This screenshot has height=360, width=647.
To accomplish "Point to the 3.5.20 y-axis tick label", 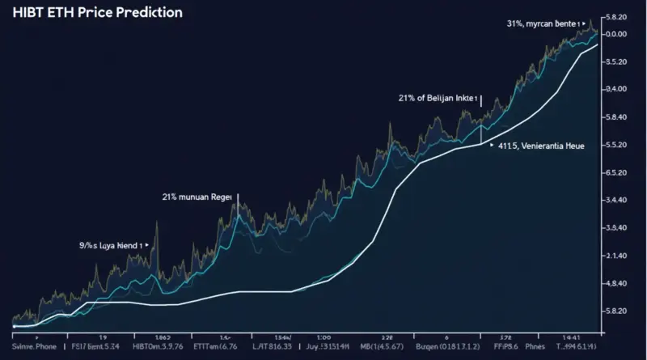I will pos(615,61).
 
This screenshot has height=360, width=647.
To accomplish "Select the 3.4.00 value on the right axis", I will pos(615,89).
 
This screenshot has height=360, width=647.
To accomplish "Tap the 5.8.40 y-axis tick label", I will pos(615,116).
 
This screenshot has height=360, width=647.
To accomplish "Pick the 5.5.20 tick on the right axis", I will pos(615,144).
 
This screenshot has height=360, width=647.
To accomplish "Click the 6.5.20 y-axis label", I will pos(615,172).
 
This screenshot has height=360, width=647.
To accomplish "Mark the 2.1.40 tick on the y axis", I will pos(615,256).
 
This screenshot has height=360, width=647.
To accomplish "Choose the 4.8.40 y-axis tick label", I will pos(615,283).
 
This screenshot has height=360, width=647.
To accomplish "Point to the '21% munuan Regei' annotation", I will pos(197,197).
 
